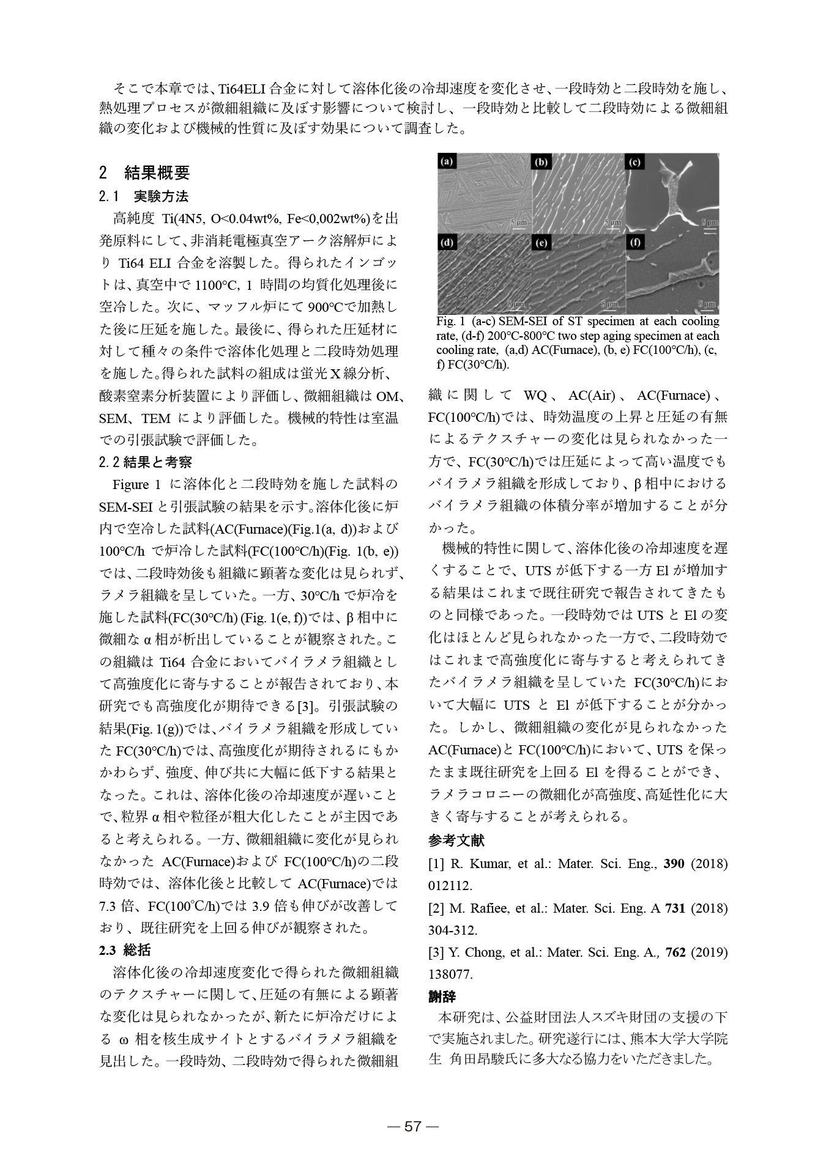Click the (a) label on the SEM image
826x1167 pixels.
click(447, 162)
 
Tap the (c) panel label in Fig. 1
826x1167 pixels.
click(634, 162)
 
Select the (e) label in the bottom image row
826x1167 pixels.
click(541, 243)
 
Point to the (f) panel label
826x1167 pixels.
click(635, 243)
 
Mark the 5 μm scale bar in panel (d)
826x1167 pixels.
click(517, 304)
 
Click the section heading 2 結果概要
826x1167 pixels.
click(144, 173)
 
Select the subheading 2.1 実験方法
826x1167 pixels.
click(144, 197)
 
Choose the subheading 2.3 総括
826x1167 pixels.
click(125, 950)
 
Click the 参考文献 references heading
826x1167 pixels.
click(456, 841)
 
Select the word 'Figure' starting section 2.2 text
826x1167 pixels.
click(131, 485)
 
